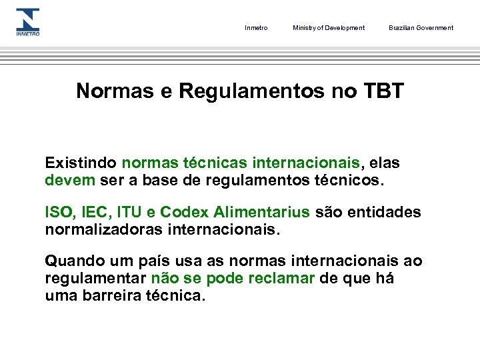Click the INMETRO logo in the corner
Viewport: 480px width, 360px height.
click(x=28, y=22)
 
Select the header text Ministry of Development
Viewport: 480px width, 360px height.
click(x=329, y=28)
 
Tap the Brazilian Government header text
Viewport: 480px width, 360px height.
click(x=421, y=28)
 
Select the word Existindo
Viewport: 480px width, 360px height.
click(x=81, y=163)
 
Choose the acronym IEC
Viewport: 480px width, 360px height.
click(x=94, y=213)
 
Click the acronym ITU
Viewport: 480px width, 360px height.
click(x=129, y=213)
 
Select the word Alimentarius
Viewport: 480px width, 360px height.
click(x=262, y=213)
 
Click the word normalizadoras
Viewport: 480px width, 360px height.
click(x=107, y=230)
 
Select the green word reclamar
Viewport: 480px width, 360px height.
click(x=281, y=279)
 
